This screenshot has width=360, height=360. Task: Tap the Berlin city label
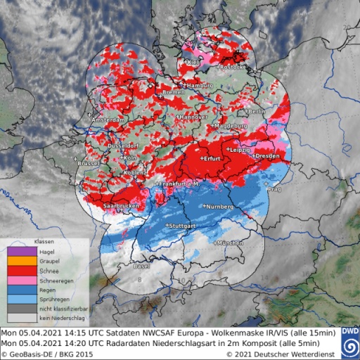pos(256,112)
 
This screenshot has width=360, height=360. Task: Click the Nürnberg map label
pos(216,207)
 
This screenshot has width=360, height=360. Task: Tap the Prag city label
pos(275,188)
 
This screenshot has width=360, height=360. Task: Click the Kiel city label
pos(192,63)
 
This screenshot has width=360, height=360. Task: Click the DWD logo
pos(350,339)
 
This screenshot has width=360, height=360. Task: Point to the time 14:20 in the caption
pos(73,343)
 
